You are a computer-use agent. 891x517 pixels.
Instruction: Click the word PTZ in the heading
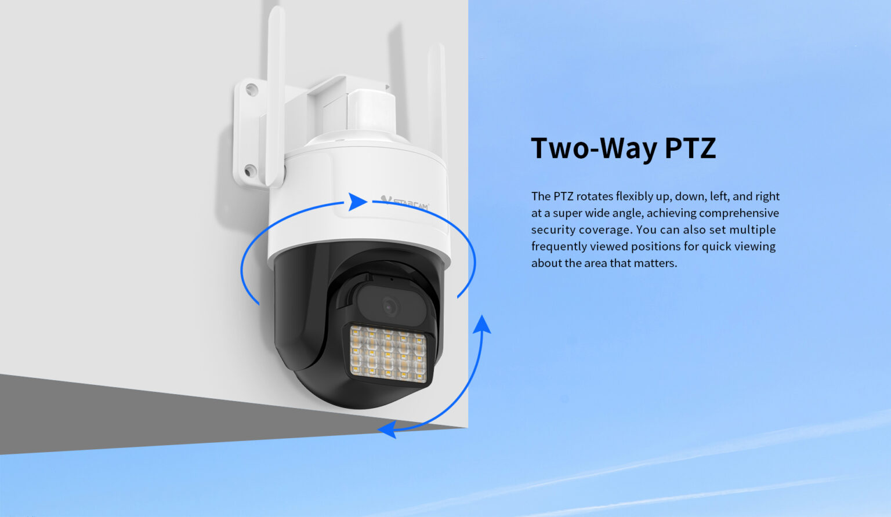(x=690, y=148)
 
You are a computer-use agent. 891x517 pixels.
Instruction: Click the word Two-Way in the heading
(x=594, y=148)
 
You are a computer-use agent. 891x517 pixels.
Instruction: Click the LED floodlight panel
(x=388, y=354)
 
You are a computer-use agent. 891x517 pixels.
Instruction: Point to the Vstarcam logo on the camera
(x=404, y=203)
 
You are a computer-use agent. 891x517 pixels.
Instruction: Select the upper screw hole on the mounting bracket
(x=251, y=89)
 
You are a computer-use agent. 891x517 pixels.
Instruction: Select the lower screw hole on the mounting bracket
(x=250, y=171)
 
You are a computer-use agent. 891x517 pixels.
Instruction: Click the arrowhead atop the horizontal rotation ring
(x=357, y=202)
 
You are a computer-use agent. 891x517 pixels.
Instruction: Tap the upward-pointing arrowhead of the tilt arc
(x=482, y=324)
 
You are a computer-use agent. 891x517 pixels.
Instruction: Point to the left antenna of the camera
(x=276, y=96)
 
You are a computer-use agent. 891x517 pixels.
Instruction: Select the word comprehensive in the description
(x=738, y=213)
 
